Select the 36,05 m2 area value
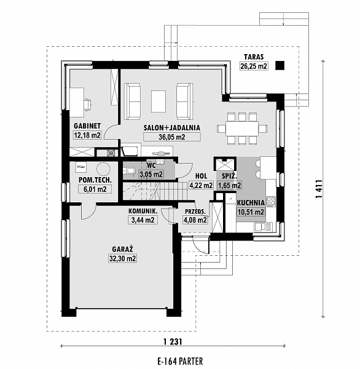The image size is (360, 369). coord(163,137)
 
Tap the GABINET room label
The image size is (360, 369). coord(87,126)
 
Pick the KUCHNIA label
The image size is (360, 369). coord(251,202)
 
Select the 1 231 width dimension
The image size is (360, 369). coord(174,341)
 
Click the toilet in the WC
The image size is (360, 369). coord(130,170)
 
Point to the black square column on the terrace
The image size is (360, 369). coord(280,65)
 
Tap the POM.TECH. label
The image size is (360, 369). coord(94,180)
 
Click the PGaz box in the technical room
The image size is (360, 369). coord(80,166)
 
